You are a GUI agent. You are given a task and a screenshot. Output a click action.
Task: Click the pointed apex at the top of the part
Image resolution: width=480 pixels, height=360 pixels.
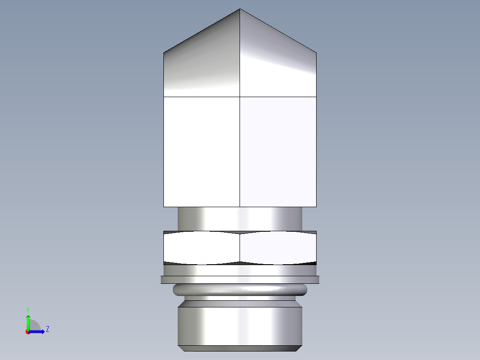(240, 9)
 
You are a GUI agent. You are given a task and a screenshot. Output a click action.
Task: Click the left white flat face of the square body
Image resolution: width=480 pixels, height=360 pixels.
(202, 151)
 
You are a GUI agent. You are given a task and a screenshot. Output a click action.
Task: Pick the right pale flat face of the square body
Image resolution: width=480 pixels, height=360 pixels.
(278, 151)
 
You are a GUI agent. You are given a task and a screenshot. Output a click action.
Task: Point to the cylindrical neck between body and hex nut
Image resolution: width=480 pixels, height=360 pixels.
(240, 219)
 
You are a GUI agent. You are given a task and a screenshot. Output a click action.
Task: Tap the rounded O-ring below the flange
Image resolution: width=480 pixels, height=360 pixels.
(240, 290)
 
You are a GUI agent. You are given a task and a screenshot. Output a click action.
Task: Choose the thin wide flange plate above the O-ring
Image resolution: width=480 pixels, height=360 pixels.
(240, 279)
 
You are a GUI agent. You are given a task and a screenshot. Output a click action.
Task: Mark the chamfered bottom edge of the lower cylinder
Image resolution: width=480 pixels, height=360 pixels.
(240, 348)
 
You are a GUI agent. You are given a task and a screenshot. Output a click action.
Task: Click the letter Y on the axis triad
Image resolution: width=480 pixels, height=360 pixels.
(28, 309)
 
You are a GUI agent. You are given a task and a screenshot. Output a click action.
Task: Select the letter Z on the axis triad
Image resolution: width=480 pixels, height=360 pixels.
(47, 329)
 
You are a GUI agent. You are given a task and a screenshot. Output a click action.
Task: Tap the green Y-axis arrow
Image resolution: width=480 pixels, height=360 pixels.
(28, 321)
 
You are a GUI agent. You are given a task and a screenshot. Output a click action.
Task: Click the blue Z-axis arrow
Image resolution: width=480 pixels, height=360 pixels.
(38, 331)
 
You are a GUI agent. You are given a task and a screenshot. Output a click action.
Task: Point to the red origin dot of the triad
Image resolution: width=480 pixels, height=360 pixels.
(28, 332)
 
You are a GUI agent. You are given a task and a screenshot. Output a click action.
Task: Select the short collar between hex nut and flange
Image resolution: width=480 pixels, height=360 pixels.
(240, 270)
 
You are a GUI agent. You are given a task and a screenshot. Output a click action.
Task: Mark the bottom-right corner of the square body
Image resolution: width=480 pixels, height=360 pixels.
(316, 206)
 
